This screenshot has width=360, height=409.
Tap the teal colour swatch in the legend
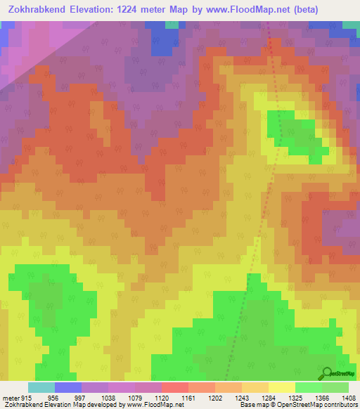pos(41,387)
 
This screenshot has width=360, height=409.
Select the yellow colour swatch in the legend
pos(281,387)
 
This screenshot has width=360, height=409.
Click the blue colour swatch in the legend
pos(68,387)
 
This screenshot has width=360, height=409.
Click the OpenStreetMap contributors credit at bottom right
pos(320,405)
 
